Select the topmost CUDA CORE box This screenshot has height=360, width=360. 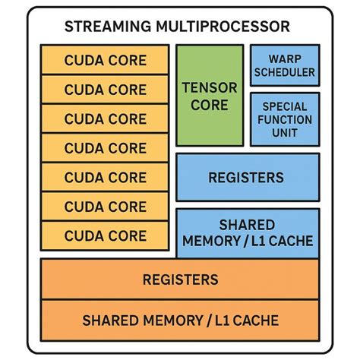(105, 60)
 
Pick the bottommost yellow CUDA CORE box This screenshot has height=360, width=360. (105, 235)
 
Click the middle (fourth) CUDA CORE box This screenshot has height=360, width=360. (105, 148)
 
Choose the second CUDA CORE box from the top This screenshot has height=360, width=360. (105, 89)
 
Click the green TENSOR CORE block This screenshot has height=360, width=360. (210, 95)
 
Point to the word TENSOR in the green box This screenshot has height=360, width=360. (210, 87)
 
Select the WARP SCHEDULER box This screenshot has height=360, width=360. (284, 66)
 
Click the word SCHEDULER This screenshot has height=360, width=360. (284, 74)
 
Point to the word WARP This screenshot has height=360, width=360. (284, 59)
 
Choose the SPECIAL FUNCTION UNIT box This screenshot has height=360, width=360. (284, 119)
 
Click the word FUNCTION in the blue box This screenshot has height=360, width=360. (284, 119)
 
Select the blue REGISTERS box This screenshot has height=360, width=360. (247, 178)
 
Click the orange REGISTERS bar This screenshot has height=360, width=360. (181, 279)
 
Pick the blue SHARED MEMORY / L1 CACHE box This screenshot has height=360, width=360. (247, 233)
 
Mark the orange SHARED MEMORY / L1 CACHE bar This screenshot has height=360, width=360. (181, 319)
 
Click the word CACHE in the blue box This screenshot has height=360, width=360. (290, 242)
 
